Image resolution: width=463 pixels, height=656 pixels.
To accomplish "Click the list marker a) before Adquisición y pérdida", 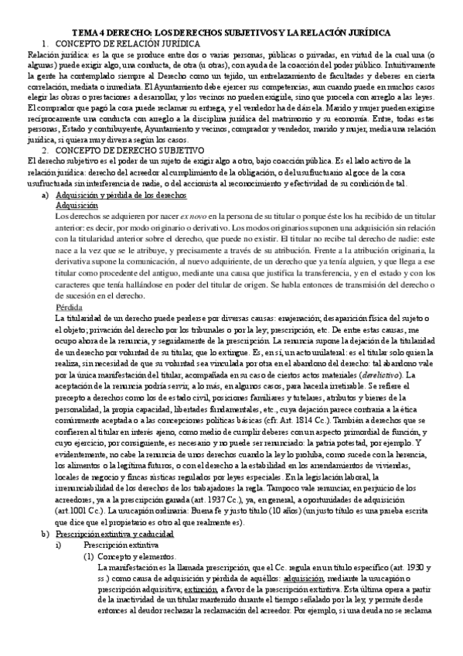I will point(45,198).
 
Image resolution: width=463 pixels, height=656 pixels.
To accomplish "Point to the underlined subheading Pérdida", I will point(71,306).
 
